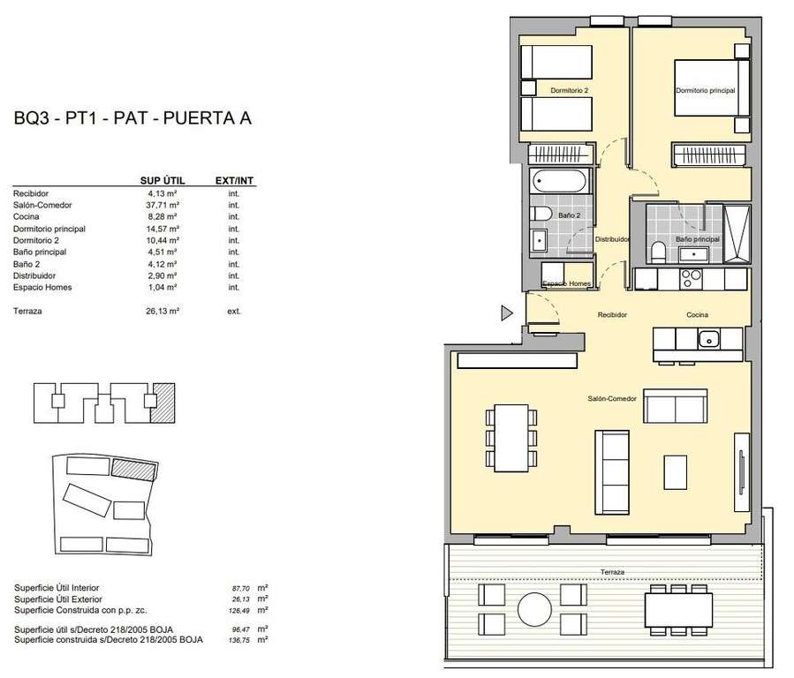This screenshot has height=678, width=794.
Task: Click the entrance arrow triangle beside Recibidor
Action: click(x=506, y=313)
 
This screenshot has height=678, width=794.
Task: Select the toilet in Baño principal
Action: click(x=658, y=252)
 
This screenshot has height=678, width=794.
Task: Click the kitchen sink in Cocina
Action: click(x=709, y=338)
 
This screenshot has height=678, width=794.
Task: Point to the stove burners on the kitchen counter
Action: click(x=691, y=278)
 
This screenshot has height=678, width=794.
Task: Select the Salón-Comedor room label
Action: click(x=612, y=399)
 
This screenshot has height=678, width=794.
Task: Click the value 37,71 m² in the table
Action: click(x=163, y=205)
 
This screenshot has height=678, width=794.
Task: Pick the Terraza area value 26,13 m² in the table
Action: click(x=163, y=311)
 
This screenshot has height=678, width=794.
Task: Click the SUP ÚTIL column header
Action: click(x=163, y=181)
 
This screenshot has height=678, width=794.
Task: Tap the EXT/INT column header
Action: click(x=234, y=181)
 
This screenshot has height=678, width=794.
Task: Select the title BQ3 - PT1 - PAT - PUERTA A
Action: click(x=132, y=118)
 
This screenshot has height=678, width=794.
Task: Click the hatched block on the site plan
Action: click(x=133, y=470)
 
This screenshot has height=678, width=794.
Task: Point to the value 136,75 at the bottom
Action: click(x=240, y=640)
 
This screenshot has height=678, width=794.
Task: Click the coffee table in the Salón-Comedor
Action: click(x=675, y=472)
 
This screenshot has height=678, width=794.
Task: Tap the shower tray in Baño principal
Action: click(x=737, y=234)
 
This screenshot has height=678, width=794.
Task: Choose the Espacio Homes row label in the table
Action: click(x=42, y=288)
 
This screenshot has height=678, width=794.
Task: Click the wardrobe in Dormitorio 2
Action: click(x=560, y=154)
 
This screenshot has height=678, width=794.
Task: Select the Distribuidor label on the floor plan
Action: click(x=612, y=239)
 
